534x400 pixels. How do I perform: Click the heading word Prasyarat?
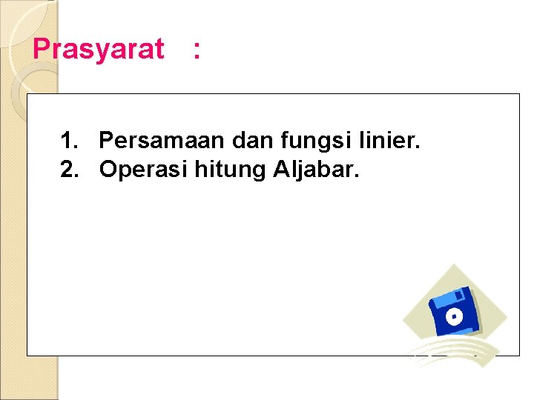[x=99, y=50]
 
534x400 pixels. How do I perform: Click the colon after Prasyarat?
[x=196, y=50]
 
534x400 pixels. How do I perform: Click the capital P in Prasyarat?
[x=42, y=49]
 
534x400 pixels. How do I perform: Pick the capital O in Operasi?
[x=109, y=170]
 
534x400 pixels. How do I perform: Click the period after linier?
[x=418, y=146]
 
